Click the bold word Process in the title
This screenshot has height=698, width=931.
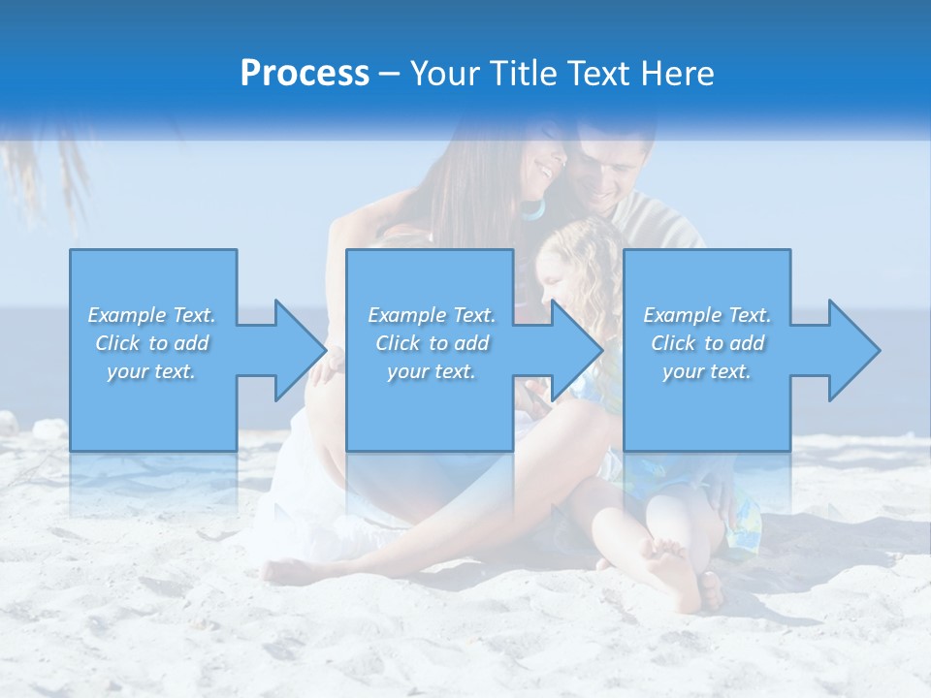305,74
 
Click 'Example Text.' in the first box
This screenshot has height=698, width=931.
152,315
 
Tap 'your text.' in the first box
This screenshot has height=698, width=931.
152,371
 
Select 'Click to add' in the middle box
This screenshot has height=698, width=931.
432,343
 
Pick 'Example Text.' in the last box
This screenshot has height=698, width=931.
707,315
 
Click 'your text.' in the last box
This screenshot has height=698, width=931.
707,371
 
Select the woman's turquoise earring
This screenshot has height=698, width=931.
532,209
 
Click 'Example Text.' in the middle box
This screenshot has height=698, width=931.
432,315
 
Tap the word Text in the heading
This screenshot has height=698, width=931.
597,74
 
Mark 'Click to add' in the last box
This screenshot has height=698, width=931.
707,343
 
